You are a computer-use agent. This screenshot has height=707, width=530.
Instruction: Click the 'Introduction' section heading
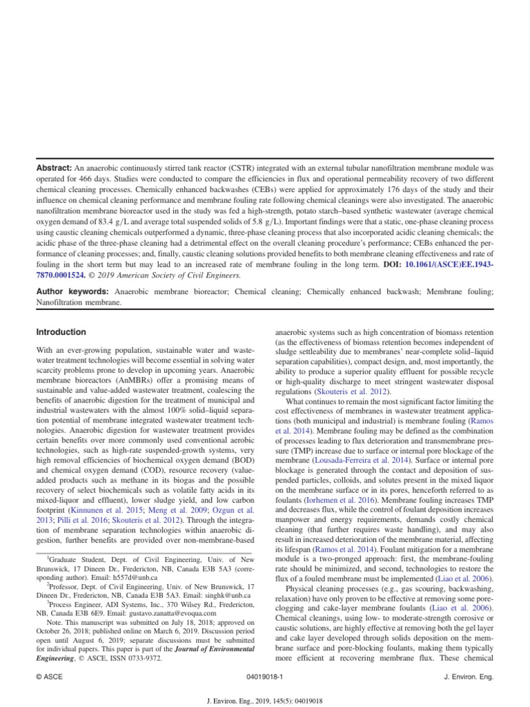click(61, 332)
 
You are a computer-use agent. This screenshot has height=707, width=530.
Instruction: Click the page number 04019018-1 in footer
click(265, 677)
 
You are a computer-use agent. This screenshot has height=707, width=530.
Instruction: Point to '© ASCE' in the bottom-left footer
click(49, 677)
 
